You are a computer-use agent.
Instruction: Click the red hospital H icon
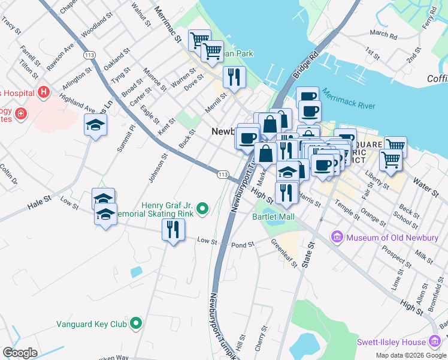click(x=43, y=92)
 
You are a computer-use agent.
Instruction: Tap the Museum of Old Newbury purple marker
click(x=337, y=237)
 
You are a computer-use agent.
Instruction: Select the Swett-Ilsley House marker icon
click(x=434, y=342)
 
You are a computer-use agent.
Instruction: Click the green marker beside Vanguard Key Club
click(x=136, y=324)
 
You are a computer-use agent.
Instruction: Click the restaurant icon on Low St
click(x=173, y=229)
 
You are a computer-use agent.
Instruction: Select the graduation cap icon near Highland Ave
click(x=95, y=125)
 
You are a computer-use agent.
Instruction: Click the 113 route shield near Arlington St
click(x=90, y=55)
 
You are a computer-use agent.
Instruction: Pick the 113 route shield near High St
click(x=223, y=174)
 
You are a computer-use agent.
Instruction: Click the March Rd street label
click(x=383, y=35)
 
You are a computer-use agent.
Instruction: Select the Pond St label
click(x=243, y=245)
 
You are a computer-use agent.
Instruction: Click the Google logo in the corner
click(x=20, y=353)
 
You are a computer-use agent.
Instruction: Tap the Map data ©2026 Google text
click(x=411, y=355)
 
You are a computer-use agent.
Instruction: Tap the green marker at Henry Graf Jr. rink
click(x=203, y=208)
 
